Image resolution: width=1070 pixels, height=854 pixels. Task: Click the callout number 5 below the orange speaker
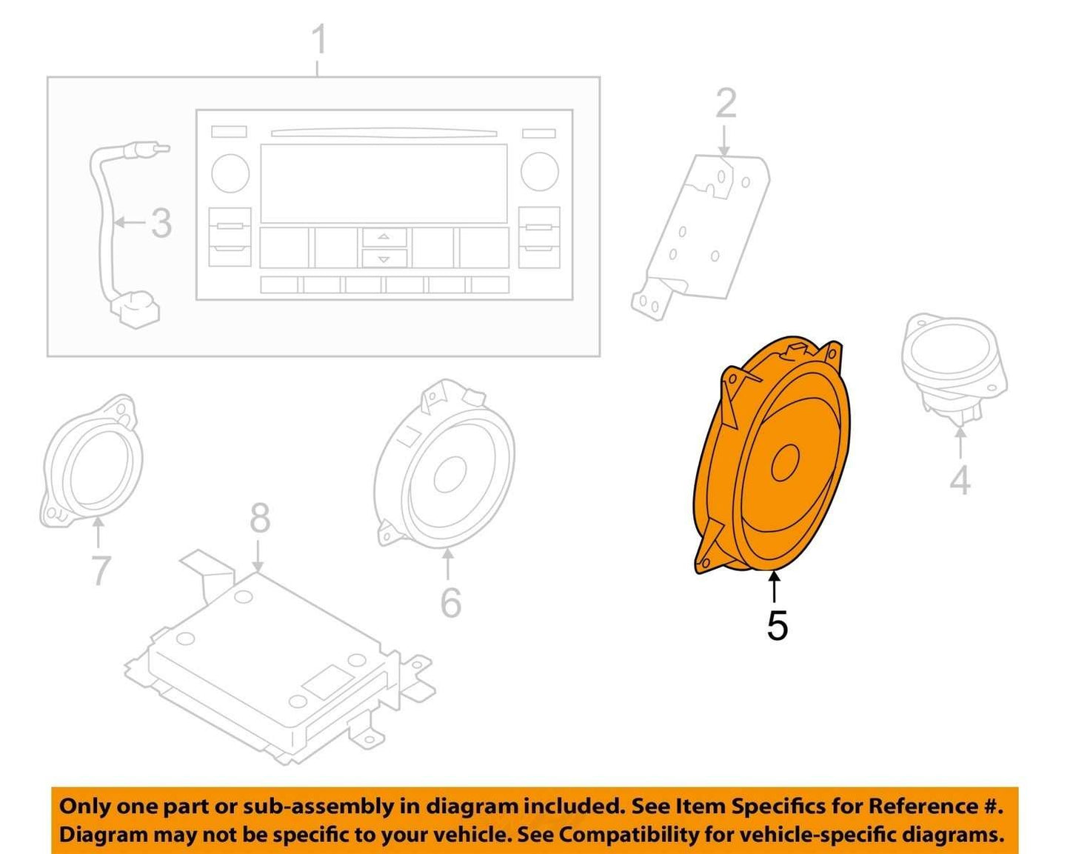[x=778, y=625]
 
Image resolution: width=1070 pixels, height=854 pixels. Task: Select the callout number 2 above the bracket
[x=726, y=104]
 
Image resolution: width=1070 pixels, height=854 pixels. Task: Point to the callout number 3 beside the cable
[x=161, y=224]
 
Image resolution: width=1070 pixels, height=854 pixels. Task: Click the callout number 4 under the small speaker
[x=960, y=479]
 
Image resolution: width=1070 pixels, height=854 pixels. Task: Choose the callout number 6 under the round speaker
[x=451, y=602]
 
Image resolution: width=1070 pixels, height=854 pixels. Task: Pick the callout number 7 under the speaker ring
[x=101, y=570]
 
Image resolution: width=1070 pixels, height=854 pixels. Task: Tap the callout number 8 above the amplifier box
[x=260, y=517]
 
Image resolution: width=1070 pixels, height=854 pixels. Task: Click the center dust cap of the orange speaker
[x=785, y=462]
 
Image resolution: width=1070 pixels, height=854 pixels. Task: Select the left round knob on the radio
[x=230, y=173]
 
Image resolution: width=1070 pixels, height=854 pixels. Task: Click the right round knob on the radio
[x=540, y=172]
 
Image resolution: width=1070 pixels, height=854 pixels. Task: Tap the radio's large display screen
[x=384, y=184]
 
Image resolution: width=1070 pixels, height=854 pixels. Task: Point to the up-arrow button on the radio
[x=384, y=237]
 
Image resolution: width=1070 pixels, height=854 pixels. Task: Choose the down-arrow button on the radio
[x=384, y=258]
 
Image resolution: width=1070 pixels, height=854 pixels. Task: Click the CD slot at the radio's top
[x=384, y=133]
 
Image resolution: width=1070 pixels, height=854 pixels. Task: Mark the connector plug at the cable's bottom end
[x=138, y=309]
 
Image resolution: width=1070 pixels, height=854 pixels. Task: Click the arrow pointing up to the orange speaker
[x=774, y=588]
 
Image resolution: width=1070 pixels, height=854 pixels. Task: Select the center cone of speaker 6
[x=450, y=475]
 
